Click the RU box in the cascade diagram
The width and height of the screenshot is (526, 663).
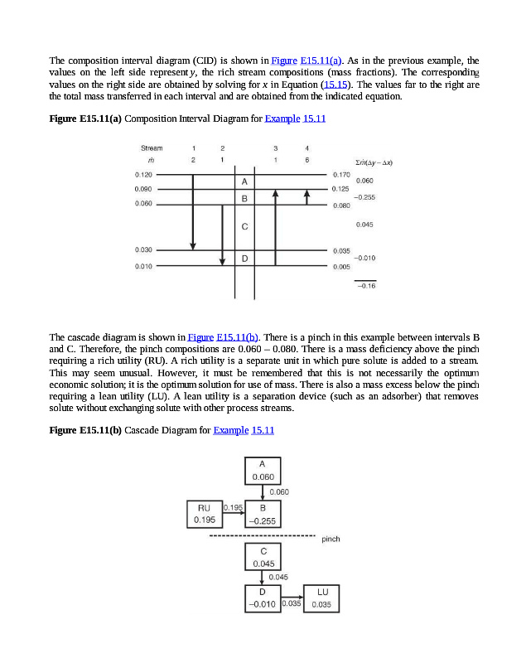[204, 513]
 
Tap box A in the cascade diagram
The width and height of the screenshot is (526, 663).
[263, 470]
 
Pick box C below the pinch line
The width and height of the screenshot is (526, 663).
[263, 556]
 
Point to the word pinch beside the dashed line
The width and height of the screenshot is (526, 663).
[330, 539]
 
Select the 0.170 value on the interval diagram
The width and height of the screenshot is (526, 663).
[340, 175]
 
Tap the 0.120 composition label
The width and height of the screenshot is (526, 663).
[143, 175]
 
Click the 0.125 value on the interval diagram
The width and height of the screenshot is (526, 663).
[340, 190]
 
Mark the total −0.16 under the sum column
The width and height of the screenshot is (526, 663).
[365, 286]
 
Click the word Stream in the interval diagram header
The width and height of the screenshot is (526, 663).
[152, 148]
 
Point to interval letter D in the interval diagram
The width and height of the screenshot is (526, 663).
[244, 259]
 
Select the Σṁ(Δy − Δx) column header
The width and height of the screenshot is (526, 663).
[372, 163]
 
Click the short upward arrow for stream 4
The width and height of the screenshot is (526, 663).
[306, 196]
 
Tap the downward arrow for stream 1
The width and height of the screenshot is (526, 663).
[193, 211]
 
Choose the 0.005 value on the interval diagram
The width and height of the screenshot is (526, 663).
[340, 267]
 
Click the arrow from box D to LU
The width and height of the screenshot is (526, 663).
[291, 597]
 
